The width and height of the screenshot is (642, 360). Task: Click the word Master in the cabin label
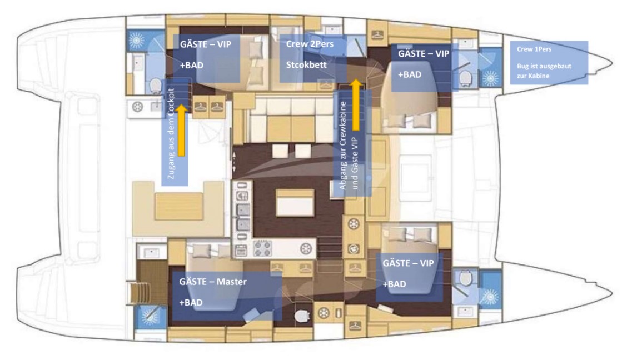point(231,282)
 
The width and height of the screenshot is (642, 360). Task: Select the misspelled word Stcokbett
point(306,64)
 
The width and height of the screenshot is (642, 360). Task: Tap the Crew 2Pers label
point(310,44)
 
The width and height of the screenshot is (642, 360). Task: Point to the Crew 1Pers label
point(534,49)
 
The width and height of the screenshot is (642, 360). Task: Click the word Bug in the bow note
point(522,66)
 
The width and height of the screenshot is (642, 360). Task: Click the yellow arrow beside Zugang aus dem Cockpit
point(181,130)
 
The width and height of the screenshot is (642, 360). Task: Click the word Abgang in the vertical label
point(343,177)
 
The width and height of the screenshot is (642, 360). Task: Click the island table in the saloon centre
point(295,202)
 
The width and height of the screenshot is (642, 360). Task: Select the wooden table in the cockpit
point(179,207)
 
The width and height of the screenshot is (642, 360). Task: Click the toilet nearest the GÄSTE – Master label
point(302,316)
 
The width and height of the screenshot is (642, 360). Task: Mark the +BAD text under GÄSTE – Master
point(191,303)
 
